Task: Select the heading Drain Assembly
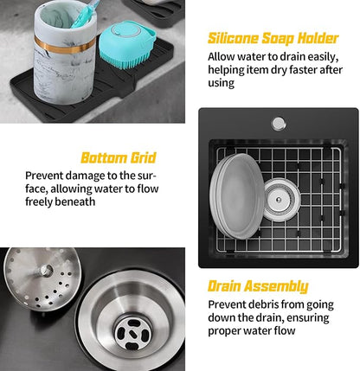coord(257,286)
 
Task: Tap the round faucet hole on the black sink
coord(278,124)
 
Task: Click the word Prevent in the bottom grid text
coord(46,175)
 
